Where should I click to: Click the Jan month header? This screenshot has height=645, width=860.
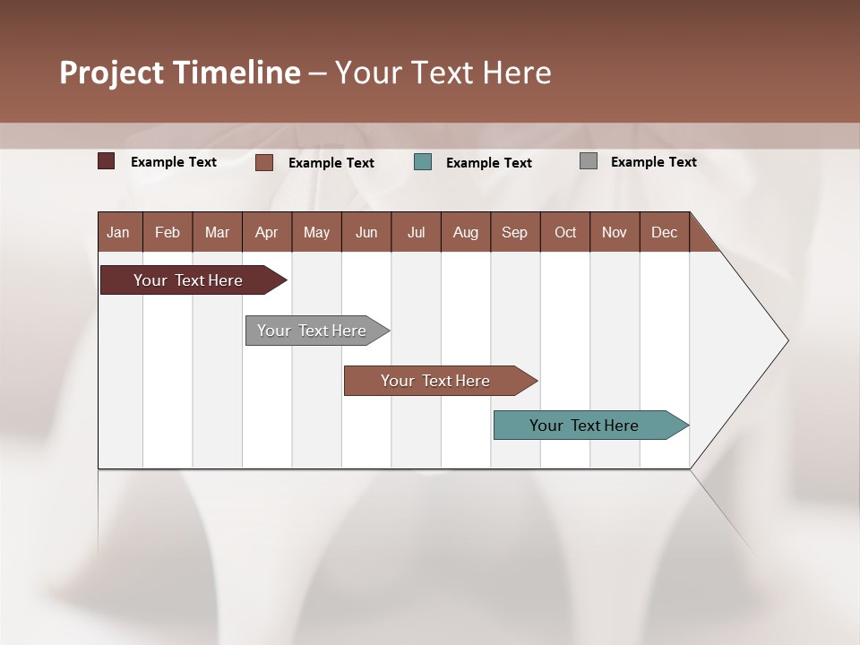tap(119, 233)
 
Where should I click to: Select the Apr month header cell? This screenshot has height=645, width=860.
tap(266, 233)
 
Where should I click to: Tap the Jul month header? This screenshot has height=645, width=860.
tap(416, 233)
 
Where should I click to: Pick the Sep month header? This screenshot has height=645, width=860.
tap(514, 233)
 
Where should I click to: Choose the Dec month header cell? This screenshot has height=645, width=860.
tap(664, 233)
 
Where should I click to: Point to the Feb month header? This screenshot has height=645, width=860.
tap(168, 233)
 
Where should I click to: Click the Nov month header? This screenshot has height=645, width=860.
tap(615, 233)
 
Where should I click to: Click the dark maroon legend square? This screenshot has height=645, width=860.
tap(107, 161)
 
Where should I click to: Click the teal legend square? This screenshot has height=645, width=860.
tap(423, 162)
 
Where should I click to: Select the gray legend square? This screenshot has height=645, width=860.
tap(589, 161)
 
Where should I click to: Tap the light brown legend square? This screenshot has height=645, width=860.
tap(264, 162)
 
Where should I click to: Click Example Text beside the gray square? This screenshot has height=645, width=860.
tap(653, 162)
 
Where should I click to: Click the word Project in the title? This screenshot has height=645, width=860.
tap(112, 73)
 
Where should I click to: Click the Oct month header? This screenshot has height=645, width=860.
tap(565, 233)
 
